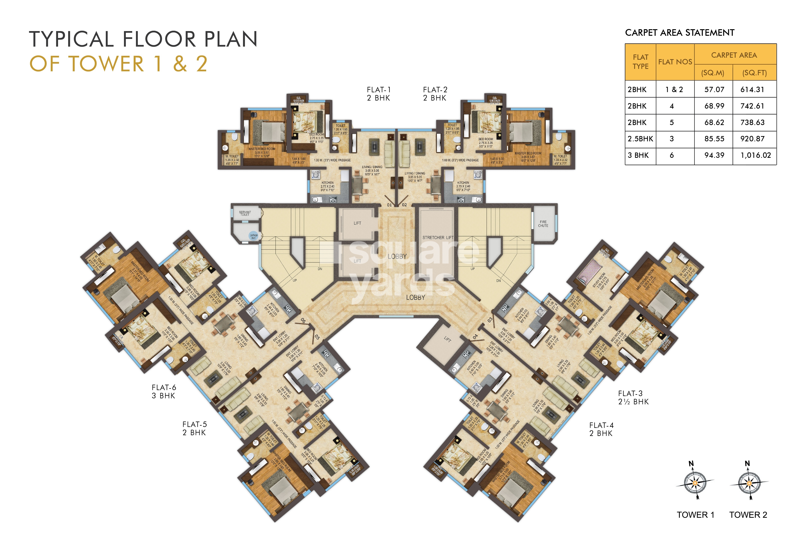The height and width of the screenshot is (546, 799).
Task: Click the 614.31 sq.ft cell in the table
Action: click(x=752, y=90)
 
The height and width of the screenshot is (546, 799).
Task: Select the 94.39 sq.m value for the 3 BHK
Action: click(x=714, y=155)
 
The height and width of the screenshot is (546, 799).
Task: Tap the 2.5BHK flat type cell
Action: click(x=640, y=139)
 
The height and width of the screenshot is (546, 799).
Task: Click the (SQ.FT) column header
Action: click(x=754, y=73)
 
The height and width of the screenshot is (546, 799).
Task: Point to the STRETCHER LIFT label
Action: click(x=438, y=238)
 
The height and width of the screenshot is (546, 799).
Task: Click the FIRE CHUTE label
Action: click(x=543, y=224)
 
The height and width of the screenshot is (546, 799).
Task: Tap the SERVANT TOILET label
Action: click(x=245, y=213)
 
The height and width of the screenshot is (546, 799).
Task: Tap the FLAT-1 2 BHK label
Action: click(x=379, y=94)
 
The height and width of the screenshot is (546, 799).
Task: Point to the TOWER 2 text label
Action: click(x=748, y=515)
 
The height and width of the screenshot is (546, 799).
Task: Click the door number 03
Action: click(x=490, y=320)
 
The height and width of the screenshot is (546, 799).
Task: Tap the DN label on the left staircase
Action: click(x=320, y=269)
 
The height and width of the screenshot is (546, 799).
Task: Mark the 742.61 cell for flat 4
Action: click(x=752, y=106)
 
